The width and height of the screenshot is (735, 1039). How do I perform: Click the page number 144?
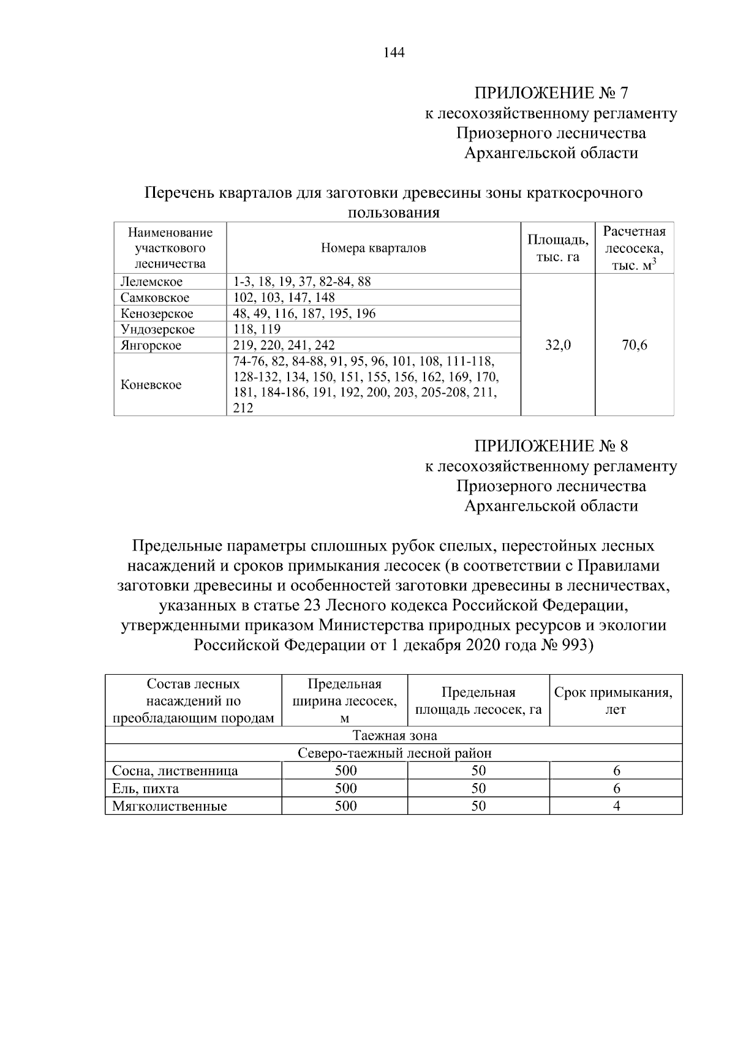394,53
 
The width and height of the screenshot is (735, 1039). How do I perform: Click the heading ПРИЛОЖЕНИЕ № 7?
551,93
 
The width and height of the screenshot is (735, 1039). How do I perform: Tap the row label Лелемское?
151,282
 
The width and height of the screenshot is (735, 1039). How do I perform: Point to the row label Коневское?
151,385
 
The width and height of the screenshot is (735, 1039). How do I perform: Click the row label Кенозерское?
157,313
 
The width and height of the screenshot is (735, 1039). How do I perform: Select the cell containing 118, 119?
257,329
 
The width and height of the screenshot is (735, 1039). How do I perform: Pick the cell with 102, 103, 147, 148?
284,298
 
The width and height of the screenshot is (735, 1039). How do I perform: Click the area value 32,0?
557,345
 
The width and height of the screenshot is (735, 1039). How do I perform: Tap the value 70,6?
634,345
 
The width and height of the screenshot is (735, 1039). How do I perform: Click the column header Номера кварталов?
373,248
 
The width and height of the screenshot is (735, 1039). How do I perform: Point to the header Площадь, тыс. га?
557,248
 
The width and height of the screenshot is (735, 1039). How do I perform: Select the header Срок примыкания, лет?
616,701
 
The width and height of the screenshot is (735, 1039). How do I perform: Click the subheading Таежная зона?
394,735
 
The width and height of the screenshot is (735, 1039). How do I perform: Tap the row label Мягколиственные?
170,806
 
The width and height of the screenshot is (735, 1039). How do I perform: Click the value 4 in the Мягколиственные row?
616,806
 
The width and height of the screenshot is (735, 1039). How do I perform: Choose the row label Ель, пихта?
146,789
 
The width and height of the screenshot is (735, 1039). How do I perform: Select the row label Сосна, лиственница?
175,771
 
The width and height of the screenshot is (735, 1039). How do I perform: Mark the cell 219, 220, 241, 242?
284,345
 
